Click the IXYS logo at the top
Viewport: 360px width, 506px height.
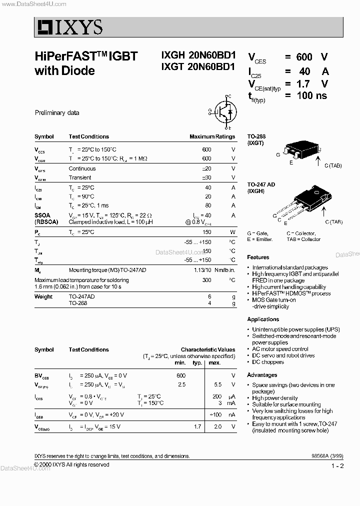69,27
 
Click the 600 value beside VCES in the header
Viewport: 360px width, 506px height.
304,57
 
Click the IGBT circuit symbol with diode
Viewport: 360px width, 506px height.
223,112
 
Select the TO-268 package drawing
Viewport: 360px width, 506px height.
299,150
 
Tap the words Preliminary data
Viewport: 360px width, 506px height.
57,113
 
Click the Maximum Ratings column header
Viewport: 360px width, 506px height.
212,136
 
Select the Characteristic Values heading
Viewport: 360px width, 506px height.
207,350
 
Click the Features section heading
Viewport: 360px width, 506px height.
258,257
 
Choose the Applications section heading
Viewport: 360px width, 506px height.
263,319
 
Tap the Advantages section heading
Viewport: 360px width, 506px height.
262,375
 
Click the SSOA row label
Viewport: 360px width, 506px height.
42,214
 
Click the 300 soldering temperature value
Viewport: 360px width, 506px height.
206,280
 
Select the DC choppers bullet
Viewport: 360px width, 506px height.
267,362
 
